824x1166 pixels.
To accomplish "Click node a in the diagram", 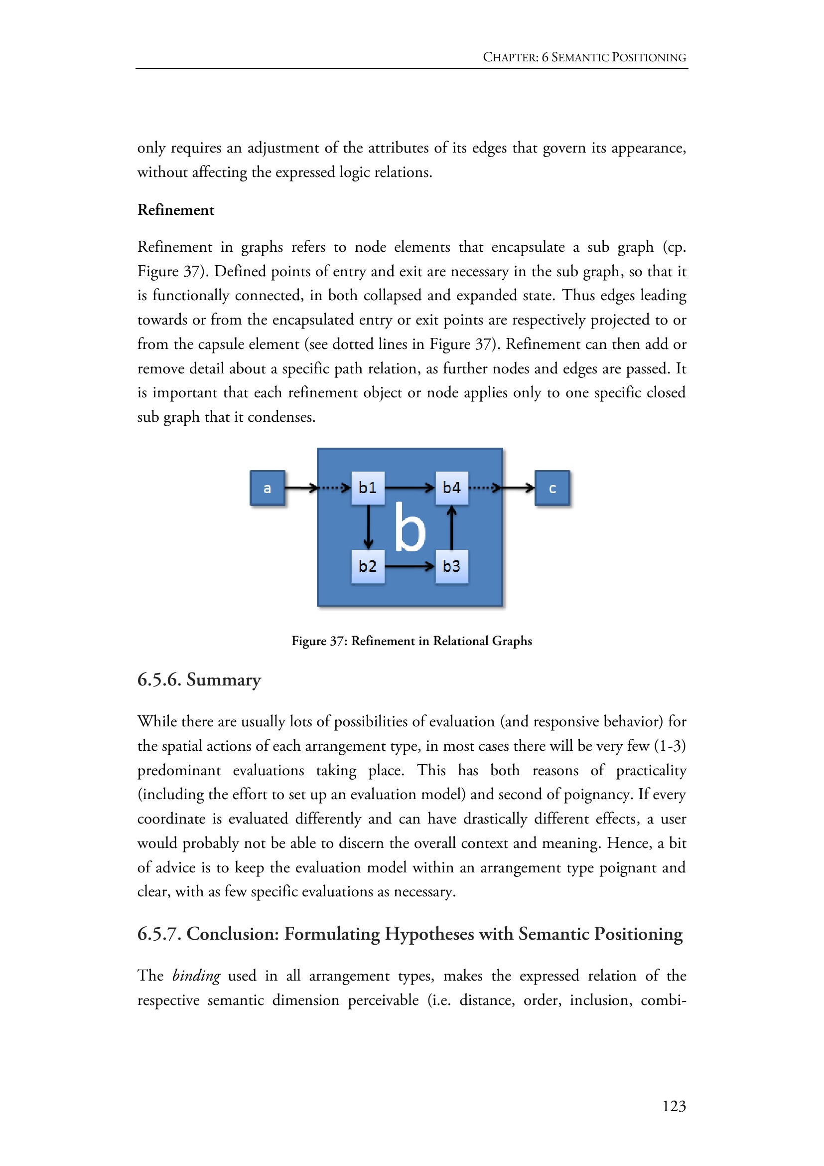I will pyautogui.click(x=268, y=488).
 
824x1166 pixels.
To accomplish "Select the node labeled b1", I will pyautogui.click(x=368, y=488).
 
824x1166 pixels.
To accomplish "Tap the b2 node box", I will pyautogui.click(x=368, y=566).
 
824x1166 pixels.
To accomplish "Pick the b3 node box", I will pyautogui.click(x=451, y=566).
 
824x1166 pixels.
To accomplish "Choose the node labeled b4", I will pyautogui.click(x=451, y=488).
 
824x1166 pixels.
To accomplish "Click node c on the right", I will pyautogui.click(x=552, y=488).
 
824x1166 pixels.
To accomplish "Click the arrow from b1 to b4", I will pyautogui.click(x=410, y=488).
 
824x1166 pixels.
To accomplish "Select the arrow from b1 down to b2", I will pyautogui.click(x=368, y=527).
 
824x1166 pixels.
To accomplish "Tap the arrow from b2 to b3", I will pyautogui.click(x=410, y=566).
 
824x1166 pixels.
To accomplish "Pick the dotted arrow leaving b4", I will pyautogui.click(x=484, y=488).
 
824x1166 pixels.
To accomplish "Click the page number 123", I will pyautogui.click(x=674, y=1106).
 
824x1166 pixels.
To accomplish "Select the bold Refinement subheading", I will pyautogui.click(x=175, y=210).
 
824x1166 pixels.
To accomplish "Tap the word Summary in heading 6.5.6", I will pyautogui.click(x=224, y=679).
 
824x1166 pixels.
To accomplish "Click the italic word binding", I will pyautogui.click(x=196, y=976).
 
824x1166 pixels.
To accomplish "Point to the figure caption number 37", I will pyautogui.click(x=337, y=641).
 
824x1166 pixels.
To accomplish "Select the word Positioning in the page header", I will pyautogui.click(x=649, y=57).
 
